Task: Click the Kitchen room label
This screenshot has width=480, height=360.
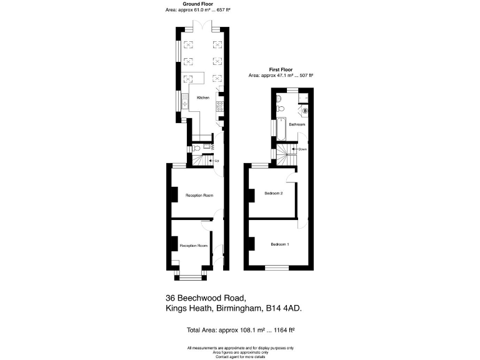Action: pos(203,98)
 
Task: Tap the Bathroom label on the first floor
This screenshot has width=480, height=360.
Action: pos(297,124)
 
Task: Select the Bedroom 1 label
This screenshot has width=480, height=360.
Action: pos(279,243)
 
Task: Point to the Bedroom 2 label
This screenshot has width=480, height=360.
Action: pos(274,193)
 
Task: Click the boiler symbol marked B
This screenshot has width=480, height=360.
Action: pos(306,111)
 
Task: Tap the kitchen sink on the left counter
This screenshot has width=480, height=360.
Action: pos(185,100)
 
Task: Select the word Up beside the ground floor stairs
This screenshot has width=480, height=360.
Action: pos(216,161)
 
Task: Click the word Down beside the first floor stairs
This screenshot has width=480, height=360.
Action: pos(303,149)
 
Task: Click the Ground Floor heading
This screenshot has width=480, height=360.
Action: pos(203,4)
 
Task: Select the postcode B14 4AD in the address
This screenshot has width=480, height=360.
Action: pos(290,308)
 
